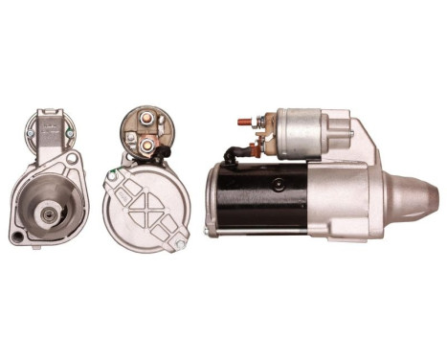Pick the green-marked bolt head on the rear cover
114,175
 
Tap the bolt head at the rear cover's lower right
179,244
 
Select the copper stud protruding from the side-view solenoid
245,123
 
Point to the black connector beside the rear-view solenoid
166,150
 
